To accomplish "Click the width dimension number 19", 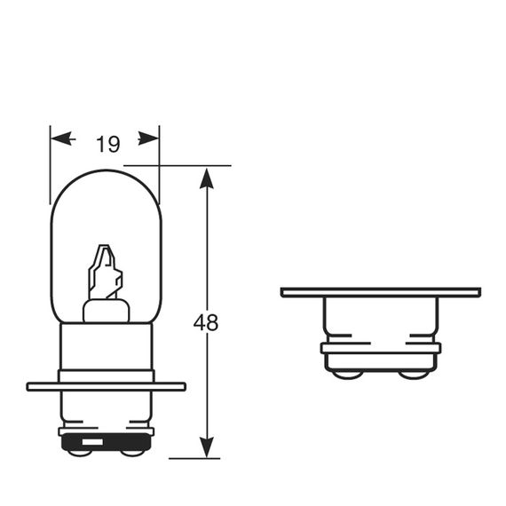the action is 108,144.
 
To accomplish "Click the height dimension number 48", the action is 206,322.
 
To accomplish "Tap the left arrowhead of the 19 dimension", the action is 61,138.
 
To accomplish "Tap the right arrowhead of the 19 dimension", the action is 148,138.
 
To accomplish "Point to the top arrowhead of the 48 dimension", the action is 207,178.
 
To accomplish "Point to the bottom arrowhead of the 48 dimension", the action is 207,447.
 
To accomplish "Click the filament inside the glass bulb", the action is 106,272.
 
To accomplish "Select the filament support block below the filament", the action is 107,311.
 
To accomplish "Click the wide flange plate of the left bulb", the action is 107,386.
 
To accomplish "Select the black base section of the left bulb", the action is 107,442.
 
